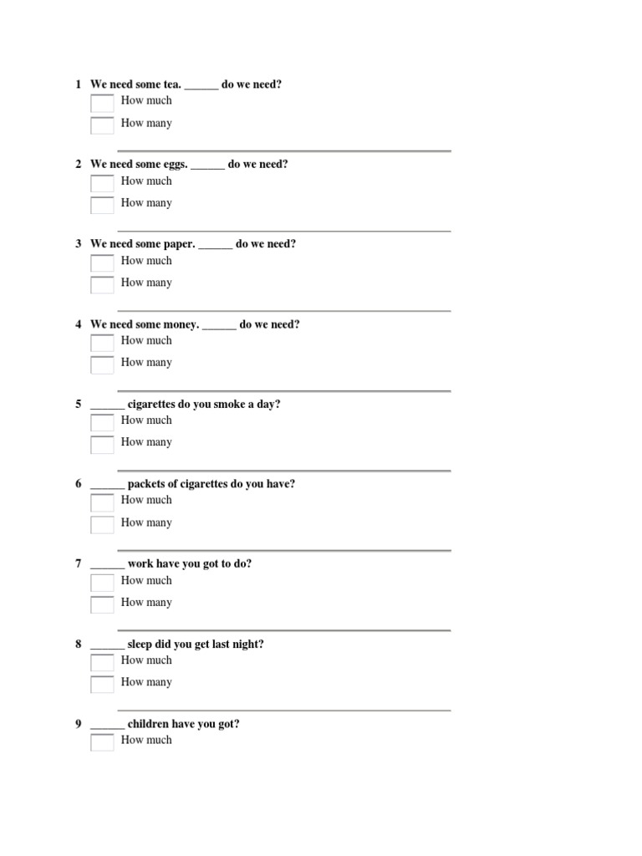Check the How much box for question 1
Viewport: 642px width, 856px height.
[102, 104]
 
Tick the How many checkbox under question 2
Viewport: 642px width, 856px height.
[102, 206]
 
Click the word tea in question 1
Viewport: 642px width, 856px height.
[171, 84]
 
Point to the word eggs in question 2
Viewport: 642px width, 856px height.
[175, 165]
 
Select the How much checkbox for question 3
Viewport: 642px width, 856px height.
[102, 263]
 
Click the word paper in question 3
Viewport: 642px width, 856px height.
[180, 244]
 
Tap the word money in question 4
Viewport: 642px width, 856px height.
[181, 324]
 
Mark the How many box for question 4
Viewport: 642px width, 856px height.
[102, 365]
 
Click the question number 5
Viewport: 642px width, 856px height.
[78, 405]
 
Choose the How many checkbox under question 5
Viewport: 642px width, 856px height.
[102, 445]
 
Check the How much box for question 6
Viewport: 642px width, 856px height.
[102, 503]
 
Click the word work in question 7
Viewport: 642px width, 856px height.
[140, 564]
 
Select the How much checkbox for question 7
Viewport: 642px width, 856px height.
[102, 583]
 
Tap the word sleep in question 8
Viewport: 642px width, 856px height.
[141, 645]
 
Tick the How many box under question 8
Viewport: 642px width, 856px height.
[102, 685]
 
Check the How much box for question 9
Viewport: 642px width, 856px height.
[102, 742]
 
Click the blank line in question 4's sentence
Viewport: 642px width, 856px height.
[219, 327]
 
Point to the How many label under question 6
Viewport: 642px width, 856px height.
[146, 522]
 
